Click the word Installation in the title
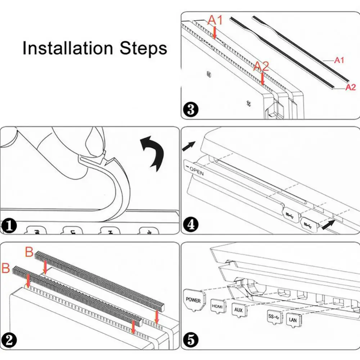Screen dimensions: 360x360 [68, 48]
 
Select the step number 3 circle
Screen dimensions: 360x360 [190, 109]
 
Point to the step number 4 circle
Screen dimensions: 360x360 [190, 225]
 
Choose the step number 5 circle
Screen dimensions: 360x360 [190, 340]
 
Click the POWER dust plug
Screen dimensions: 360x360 [193, 300]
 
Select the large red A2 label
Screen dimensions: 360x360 [262, 66]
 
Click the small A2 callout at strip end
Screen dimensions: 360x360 [351, 87]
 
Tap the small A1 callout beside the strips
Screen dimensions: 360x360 [339, 60]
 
